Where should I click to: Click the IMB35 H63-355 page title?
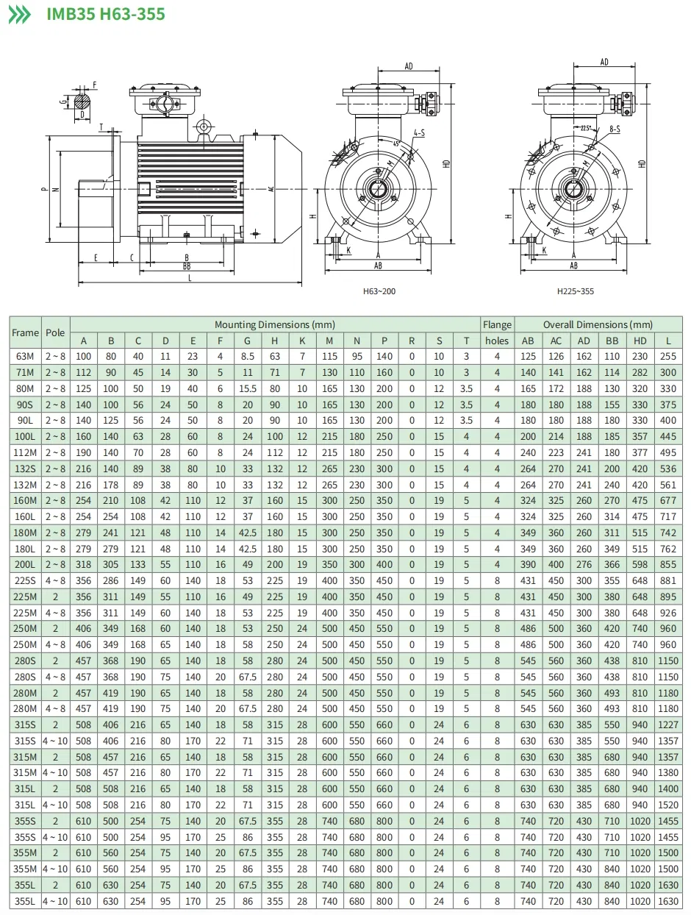click(x=106, y=14)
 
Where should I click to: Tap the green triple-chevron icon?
click(x=20, y=15)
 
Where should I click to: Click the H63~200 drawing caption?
click(x=379, y=291)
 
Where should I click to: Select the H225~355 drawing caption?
click(x=575, y=291)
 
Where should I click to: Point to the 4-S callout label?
click(x=419, y=133)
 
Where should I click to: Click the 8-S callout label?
click(x=615, y=129)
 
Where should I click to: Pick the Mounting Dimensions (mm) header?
click(x=274, y=324)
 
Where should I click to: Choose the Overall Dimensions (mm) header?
click(x=598, y=324)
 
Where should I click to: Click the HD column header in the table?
click(x=640, y=341)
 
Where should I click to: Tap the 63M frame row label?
click(x=25, y=357)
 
